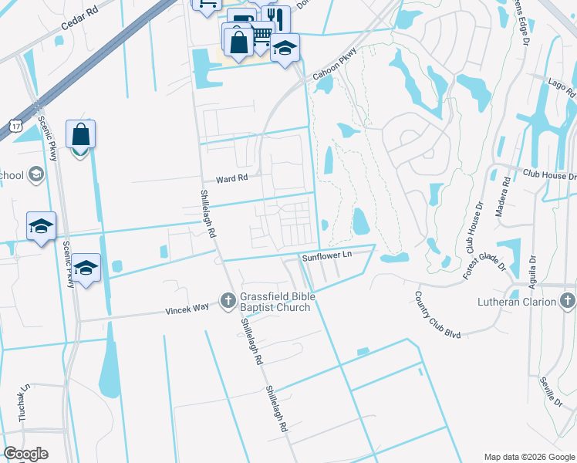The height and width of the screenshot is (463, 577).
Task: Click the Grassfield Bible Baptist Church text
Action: point(275,302)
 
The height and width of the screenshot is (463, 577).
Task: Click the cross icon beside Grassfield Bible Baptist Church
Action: point(228,300)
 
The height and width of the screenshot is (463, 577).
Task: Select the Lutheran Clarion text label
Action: point(515,301)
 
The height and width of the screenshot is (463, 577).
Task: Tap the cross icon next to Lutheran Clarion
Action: point(567,300)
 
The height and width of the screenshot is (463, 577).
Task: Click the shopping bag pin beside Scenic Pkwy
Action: point(81,135)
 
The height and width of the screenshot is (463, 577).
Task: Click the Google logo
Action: point(25,454)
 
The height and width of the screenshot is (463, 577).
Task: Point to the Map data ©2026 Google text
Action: point(529,456)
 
